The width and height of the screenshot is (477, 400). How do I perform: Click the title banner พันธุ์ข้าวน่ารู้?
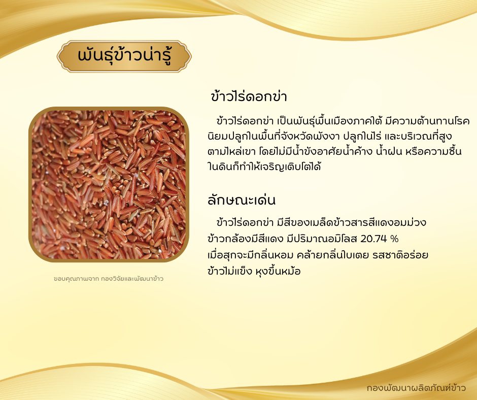(x=124, y=56)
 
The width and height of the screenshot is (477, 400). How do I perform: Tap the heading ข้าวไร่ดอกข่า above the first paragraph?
(x=249, y=96)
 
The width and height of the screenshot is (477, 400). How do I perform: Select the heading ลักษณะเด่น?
(x=242, y=201)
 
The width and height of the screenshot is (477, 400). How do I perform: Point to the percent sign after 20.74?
(x=394, y=239)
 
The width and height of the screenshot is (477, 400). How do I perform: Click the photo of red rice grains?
(x=109, y=184)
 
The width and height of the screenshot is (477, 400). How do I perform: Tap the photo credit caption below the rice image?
(x=109, y=279)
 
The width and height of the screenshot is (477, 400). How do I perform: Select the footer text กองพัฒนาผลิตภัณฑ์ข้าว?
(x=416, y=388)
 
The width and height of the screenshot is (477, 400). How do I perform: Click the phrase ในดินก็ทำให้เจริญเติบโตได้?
(x=264, y=167)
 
